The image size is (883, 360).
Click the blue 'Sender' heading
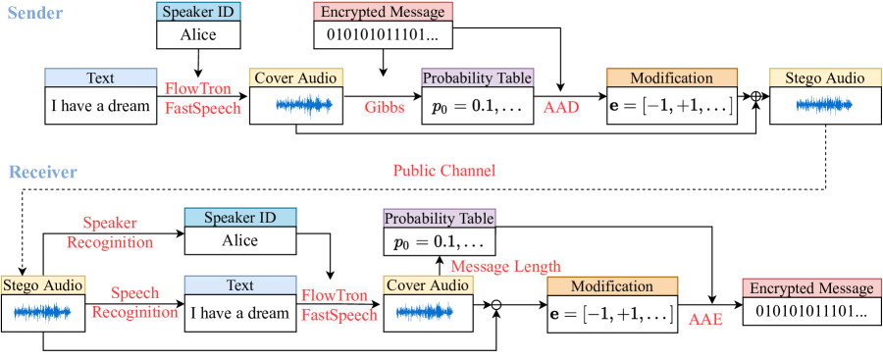[x=34, y=14]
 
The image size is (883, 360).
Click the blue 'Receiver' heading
[x=42, y=171]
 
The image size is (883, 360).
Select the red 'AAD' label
[x=561, y=108]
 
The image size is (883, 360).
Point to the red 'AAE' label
[x=706, y=320]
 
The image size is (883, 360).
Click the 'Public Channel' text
[x=444, y=171]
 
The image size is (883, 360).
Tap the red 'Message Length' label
[x=506, y=266]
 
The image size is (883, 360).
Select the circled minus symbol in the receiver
[x=496, y=305]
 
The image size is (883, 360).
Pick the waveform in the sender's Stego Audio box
[x=824, y=105]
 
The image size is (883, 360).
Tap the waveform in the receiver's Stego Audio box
[x=42, y=312]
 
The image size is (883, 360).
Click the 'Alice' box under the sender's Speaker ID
[x=198, y=35]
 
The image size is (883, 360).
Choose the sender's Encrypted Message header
[x=383, y=11]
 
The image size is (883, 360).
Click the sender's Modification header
[x=672, y=77]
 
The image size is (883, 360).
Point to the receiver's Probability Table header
[x=439, y=218]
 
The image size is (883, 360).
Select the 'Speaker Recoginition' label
[x=110, y=232]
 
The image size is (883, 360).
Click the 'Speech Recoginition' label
[x=134, y=302]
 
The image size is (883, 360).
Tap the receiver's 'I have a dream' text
[x=240, y=313]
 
